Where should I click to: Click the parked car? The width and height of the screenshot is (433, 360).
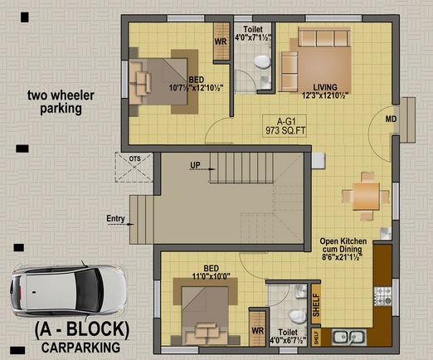tap(68, 290)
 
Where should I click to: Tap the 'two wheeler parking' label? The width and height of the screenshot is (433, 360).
tap(61, 102)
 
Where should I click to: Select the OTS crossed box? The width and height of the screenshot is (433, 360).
tap(134, 168)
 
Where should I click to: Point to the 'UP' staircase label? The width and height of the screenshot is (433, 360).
tap(195, 165)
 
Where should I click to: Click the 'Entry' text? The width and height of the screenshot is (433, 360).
tap(115, 219)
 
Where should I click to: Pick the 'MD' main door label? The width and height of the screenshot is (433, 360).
tap(391, 119)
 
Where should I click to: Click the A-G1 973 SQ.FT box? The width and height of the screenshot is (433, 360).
tap(285, 126)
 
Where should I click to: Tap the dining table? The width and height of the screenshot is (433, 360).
tap(366, 197)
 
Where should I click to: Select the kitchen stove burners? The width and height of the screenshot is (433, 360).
tap(383, 296)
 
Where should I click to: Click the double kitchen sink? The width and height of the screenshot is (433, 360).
tap(349, 337)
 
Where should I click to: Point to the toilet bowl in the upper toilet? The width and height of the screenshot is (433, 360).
tap(262, 62)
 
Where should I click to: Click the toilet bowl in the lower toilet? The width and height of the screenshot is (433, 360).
tap(297, 317)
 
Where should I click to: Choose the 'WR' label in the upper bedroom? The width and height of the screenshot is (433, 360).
tap(221, 41)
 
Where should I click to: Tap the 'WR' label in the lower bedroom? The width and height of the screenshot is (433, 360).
tap(258, 331)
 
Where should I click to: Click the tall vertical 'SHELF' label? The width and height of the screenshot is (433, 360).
tap(316, 305)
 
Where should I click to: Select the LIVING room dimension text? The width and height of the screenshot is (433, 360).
tap(325, 95)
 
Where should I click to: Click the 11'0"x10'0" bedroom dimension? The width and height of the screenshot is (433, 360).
tap(212, 276)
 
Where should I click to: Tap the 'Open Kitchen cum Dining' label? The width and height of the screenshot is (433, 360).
tap(343, 245)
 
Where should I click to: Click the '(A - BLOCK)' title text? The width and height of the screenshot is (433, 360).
tap(82, 329)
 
